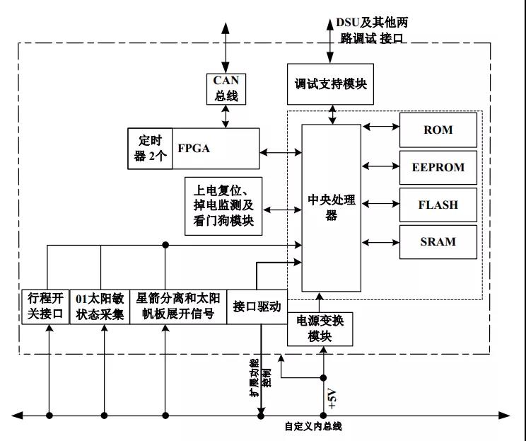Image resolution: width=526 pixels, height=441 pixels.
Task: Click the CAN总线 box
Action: click(226, 88)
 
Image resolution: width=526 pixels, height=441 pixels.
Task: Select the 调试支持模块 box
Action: click(331, 83)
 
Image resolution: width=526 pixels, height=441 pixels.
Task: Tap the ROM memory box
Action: click(438, 130)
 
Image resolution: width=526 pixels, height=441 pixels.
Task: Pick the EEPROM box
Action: click(438, 168)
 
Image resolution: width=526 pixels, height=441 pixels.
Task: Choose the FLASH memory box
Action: click(438, 205)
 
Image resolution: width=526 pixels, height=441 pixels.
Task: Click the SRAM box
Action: click(438, 242)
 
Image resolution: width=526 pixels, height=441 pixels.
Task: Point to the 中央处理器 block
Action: click(331, 207)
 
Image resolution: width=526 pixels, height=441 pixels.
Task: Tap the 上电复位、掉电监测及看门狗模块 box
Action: click(223, 206)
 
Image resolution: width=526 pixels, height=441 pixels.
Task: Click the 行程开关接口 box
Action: click(45, 307)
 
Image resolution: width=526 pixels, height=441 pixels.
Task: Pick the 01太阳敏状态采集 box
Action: click(100, 307)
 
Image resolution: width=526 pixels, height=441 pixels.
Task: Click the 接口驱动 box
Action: click(257, 307)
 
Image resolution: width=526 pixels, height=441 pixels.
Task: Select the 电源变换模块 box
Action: click(320, 328)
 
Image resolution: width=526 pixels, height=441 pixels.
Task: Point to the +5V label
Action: click(333, 401)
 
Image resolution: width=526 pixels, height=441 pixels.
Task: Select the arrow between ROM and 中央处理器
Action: click(382, 128)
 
